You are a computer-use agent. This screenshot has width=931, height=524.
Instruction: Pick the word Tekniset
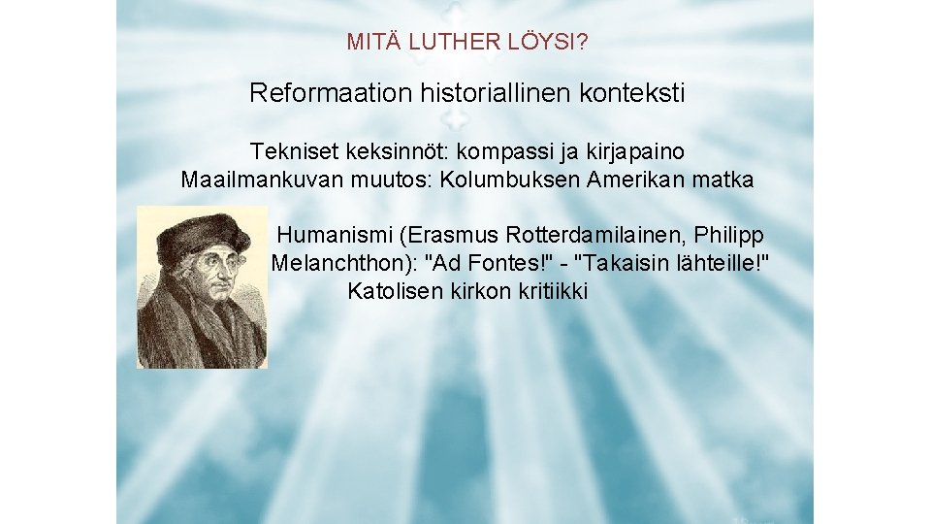pos(290,151)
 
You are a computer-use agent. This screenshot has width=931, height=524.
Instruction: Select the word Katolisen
pos(395,291)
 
